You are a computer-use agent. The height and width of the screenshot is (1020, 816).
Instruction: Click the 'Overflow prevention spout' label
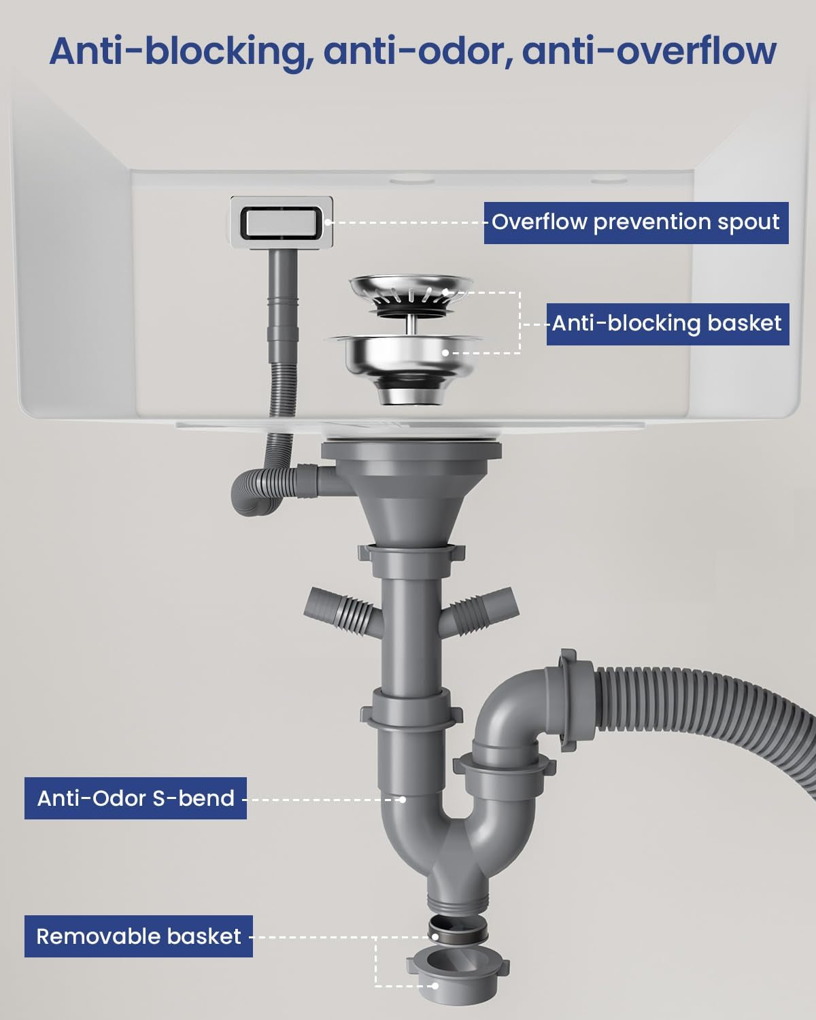(x=636, y=223)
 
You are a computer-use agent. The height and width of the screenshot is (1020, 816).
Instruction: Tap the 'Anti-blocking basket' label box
(x=668, y=324)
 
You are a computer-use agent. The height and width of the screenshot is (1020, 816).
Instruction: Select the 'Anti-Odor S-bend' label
(x=135, y=798)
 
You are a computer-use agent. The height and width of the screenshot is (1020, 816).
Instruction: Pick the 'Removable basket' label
(x=139, y=936)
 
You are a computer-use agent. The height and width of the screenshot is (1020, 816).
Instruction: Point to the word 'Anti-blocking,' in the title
(x=182, y=52)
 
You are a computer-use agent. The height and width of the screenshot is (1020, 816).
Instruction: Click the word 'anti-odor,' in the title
(x=418, y=52)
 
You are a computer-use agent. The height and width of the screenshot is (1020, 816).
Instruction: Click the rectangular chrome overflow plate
(x=282, y=222)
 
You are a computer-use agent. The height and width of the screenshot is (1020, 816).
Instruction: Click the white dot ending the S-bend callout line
(x=402, y=799)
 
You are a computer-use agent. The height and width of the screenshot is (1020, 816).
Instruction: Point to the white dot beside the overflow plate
(x=327, y=222)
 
